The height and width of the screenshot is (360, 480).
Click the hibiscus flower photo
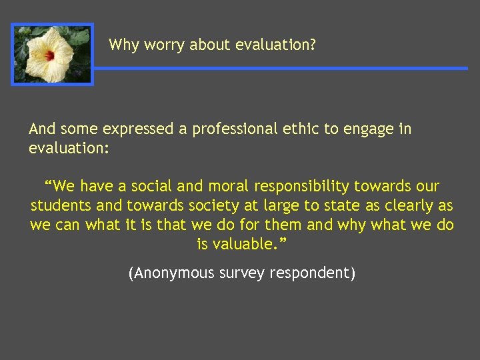coord(52,54)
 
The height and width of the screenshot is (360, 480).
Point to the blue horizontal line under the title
coord(280,68)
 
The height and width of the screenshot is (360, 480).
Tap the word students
coord(61,205)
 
